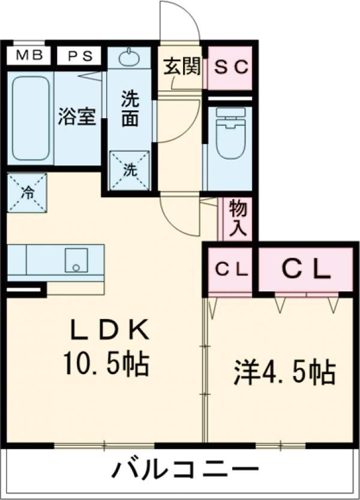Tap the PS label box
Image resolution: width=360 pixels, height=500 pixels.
coord(79,56)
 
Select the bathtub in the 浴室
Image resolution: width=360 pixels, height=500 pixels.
coord(31,118)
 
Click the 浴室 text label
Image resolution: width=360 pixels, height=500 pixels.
coord(77,116)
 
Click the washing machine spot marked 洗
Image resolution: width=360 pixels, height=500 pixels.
coord(129,170)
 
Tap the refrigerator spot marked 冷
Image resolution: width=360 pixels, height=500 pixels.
coord(27,192)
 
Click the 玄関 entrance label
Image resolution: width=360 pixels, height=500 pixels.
coord(181,67)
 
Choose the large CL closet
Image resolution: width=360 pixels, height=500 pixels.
coord(305,270)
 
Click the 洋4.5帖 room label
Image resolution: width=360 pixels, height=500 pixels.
coord(283,372)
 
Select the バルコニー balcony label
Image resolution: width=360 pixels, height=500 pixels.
coord(184,469)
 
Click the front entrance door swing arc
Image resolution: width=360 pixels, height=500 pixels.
coord(180,21)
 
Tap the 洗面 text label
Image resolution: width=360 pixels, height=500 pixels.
coord(130,108)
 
